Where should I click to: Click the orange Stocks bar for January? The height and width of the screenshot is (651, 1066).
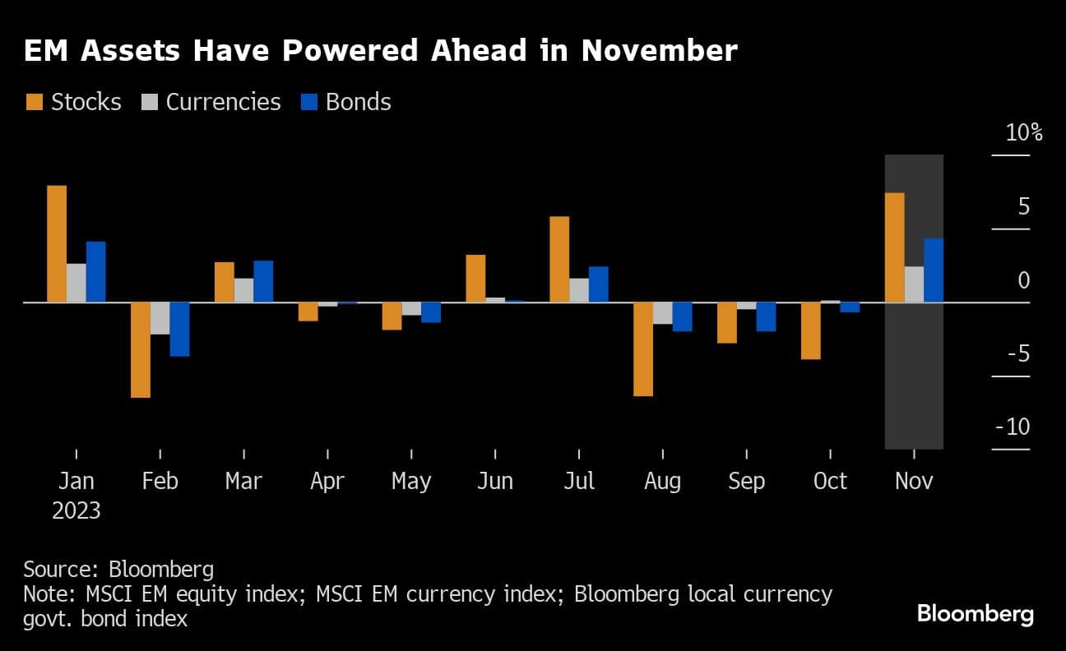57,244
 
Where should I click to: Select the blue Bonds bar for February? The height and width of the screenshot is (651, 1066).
179,329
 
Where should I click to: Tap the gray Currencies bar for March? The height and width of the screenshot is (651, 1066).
243,290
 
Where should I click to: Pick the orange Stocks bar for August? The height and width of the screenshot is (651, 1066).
642,349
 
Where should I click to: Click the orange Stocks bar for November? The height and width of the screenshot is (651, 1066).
894,247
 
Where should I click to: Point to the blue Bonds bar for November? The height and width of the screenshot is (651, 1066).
933,270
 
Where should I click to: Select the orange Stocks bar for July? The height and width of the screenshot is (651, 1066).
559,259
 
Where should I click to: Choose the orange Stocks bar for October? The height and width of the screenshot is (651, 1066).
810,330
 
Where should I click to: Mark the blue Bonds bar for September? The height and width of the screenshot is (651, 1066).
766,316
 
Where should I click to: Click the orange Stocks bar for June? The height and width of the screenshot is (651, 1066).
475,279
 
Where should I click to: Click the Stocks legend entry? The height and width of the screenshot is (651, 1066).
73,102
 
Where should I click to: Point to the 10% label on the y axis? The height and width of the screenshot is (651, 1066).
1023,132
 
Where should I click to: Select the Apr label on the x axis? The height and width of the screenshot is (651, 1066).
327,481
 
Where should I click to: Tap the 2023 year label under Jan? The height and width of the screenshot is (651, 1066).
76,510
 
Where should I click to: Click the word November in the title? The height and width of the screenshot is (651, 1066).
659,51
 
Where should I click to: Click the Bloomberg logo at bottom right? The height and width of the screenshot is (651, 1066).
975,613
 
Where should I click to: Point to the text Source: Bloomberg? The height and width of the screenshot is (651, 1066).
118,570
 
